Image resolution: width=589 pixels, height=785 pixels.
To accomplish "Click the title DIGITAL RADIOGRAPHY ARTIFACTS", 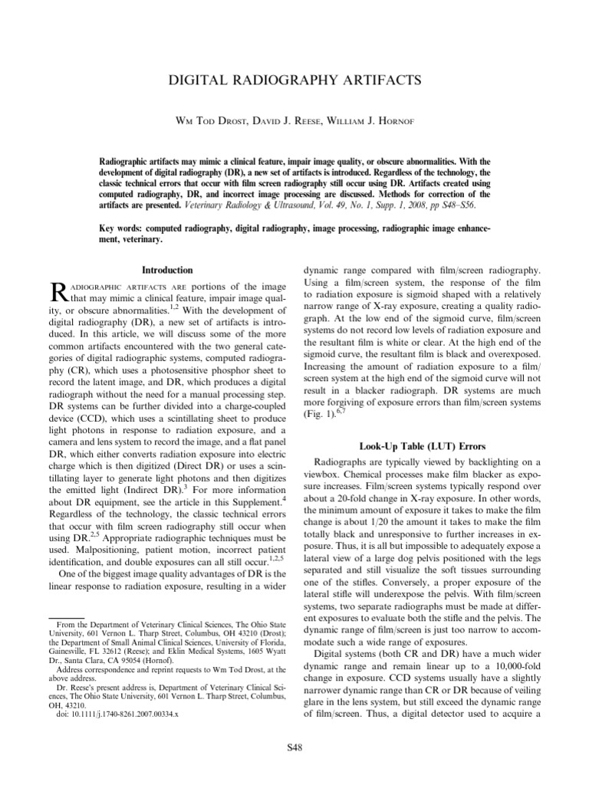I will [x=294, y=80].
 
